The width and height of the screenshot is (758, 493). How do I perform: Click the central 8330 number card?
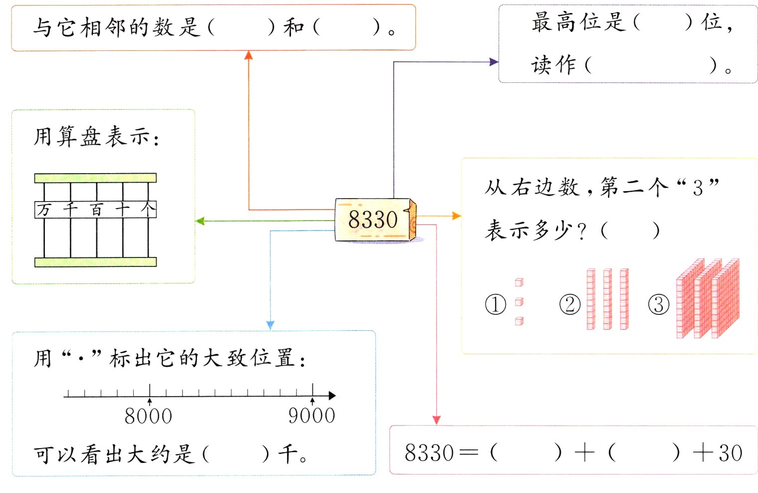point(374,220)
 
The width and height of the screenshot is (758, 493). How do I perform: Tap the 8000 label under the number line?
point(148,416)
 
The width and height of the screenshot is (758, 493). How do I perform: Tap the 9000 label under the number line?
point(312,416)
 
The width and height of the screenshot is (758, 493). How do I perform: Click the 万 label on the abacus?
point(44,210)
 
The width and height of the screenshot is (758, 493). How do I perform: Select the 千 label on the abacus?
point(70,210)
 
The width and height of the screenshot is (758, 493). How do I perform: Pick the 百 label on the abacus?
point(96,210)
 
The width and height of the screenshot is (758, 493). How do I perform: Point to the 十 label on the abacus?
point(122,210)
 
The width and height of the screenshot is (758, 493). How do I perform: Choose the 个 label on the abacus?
point(148,210)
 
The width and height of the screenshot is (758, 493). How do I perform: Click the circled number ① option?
point(496,304)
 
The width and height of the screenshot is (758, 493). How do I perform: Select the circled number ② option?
point(570,304)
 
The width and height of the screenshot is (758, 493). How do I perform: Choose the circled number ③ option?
point(659,304)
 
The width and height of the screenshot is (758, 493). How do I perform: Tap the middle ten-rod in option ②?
point(607,299)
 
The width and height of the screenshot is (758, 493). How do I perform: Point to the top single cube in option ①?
point(519,283)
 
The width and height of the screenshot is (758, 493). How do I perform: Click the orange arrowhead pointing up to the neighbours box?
point(249,55)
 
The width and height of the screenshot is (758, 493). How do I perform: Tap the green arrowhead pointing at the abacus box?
point(200,221)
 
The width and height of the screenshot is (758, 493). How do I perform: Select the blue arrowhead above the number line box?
point(270,325)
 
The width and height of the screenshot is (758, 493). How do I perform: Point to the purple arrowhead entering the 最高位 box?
point(494,62)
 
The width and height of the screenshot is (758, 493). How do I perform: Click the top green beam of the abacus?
point(95,178)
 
